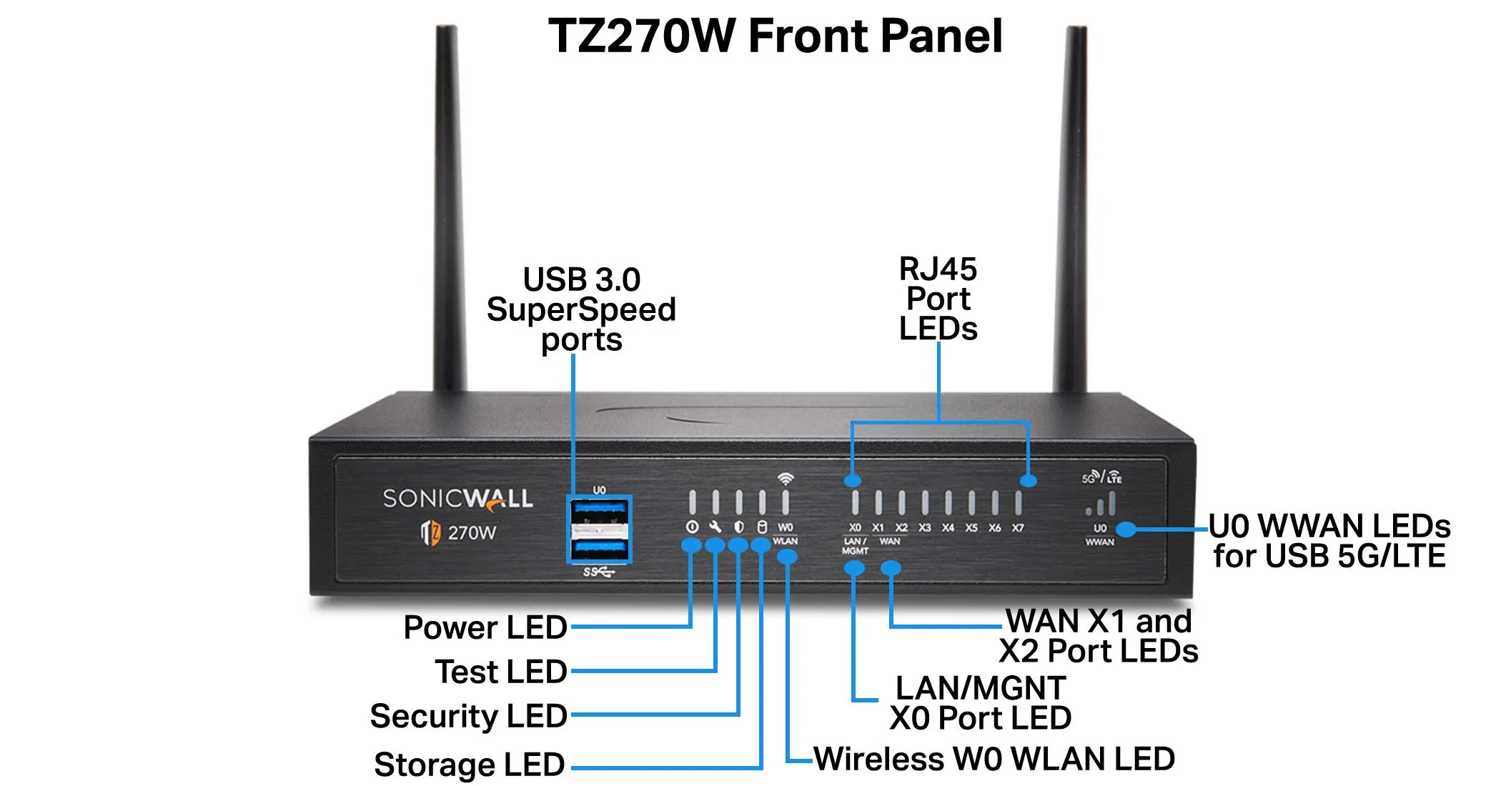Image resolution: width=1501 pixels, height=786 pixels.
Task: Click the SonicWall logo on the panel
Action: tap(457, 499)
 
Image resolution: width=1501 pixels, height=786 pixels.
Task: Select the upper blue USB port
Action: tap(599, 512)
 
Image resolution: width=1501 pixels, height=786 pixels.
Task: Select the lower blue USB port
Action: tap(599, 549)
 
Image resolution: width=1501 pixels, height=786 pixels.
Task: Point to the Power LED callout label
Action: tap(485, 627)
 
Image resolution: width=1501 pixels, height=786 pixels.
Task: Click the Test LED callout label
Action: tap(501, 672)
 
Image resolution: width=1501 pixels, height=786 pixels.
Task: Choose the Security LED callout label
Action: tap(469, 716)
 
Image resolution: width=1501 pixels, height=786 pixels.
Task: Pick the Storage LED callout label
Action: tap(470, 765)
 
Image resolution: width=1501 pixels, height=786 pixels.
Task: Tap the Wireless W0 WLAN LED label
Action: tap(994, 759)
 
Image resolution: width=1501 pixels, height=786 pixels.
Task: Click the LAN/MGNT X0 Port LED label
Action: tap(980, 703)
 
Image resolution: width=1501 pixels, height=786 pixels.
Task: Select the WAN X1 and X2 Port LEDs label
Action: tap(1099, 636)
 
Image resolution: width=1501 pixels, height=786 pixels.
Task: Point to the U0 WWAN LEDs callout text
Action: tap(1329, 541)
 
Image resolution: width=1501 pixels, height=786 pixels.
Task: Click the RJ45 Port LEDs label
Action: tap(938, 299)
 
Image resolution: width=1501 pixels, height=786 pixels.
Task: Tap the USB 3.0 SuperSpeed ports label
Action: tap(581, 309)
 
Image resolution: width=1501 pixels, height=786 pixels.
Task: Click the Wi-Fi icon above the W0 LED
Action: tap(786, 478)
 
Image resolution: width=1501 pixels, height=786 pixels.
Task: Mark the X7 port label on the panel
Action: tap(1018, 528)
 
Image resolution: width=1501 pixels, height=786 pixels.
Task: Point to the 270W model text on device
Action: tap(472, 532)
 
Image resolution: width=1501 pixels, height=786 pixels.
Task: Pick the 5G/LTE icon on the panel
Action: tap(1101, 477)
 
